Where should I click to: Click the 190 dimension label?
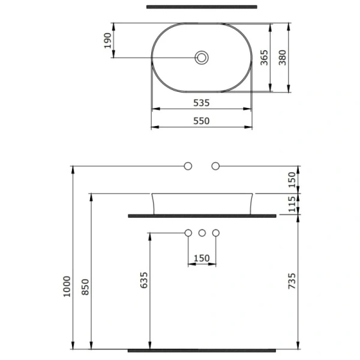[x=108, y=41]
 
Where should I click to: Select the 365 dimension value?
[x=264, y=59]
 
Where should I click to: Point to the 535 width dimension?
[x=201, y=103]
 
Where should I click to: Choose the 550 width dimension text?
[x=201, y=121]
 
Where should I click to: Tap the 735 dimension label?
[x=292, y=282]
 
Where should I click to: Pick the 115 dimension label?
[x=292, y=203]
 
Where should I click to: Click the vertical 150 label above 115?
[x=292, y=178]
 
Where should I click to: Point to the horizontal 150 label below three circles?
[x=202, y=258]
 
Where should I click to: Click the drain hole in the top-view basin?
[x=202, y=58]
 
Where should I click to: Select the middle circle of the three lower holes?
[x=202, y=233]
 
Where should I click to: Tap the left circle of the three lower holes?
[x=188, y=233]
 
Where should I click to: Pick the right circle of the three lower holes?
[x=216, y=233]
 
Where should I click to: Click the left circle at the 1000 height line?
[x=188, y=165]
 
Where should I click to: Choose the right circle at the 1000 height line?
[x=215, y=165]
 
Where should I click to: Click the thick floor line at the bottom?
[x=202, y=349]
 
